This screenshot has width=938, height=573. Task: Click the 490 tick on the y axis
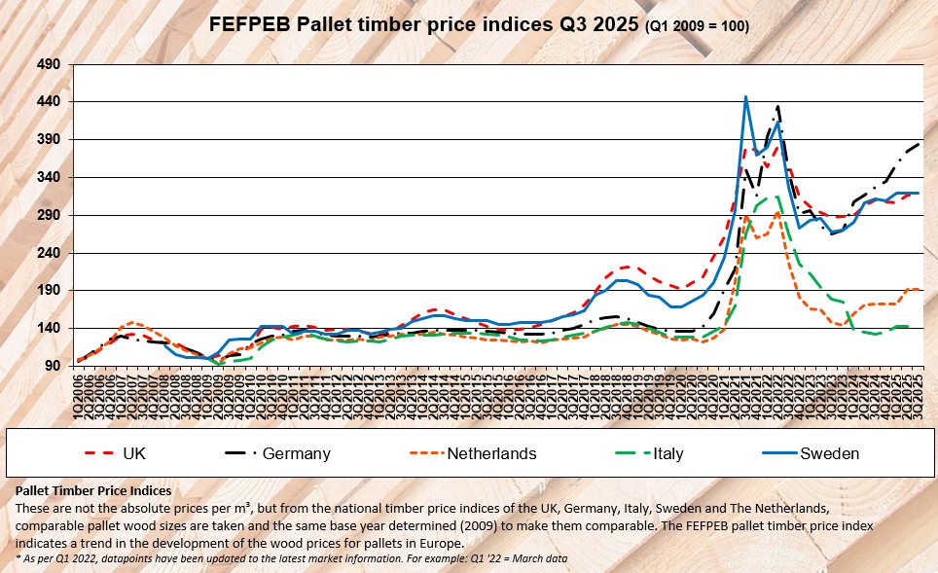tap(49, 64)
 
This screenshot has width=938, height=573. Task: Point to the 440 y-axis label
tap(49, 102)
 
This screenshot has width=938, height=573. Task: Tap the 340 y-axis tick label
tap(49, 177)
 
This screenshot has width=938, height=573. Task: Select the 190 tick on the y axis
tap(49, 291)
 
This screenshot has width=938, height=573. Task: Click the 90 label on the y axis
tap(52, 366)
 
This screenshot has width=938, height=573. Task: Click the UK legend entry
tap(135, 453)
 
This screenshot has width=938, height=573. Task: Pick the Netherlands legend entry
tap(491, 453)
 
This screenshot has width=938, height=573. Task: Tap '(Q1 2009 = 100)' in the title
tap(697, 26)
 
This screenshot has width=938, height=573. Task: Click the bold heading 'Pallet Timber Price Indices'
tap(95, 490)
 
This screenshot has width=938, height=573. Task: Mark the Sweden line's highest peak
tap(745, 97)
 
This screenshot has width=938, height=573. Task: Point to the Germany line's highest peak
tap(778, 106)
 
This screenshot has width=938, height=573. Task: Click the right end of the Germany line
tap(920, 143)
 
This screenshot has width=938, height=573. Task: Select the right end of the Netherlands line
tap(920, 289)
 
